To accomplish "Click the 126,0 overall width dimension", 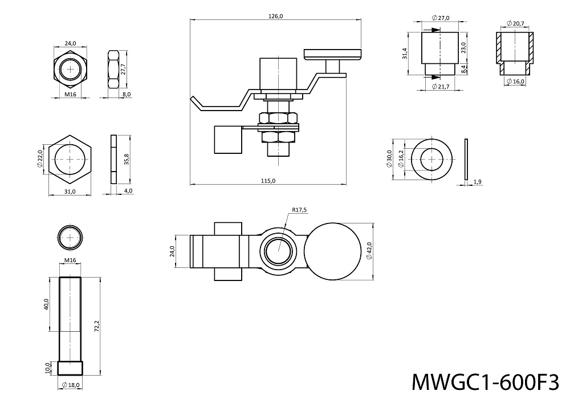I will [x=275, y=16].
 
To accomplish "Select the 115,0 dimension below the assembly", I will [x=268, y=181].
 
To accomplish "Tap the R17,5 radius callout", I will [x=299, y=210].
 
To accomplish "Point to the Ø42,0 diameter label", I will [x=369, y=251].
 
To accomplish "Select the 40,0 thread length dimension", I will [x=47, y=304].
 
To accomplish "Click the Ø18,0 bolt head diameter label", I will [x=70, y=385].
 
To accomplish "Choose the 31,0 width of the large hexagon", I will [x=70, y=192].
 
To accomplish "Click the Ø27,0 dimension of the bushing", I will [x=441, y=18].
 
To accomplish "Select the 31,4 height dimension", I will [x=405, y=54].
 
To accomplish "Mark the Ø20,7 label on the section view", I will [x=515, y=23].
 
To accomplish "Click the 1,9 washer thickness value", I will [x=478, y=181].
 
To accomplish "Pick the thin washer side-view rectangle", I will [x=466, y=160].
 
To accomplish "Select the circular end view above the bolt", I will [x=70, y=237].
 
